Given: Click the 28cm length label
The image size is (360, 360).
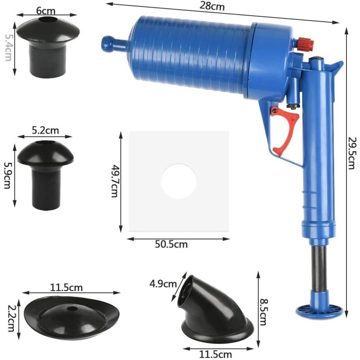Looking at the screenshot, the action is (211, 6).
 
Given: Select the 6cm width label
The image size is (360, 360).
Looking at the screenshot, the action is (46, 10).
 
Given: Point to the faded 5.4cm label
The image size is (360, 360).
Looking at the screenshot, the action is (8, 48).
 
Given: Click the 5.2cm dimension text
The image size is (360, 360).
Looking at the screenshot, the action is (45, 130).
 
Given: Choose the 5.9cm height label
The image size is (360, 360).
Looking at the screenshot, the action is (7, 175).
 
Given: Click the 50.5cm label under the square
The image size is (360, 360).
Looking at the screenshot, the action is (171, 244).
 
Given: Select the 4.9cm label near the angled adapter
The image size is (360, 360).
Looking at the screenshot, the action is (163, 284).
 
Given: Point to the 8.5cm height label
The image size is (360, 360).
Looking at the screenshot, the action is (263, 312).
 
